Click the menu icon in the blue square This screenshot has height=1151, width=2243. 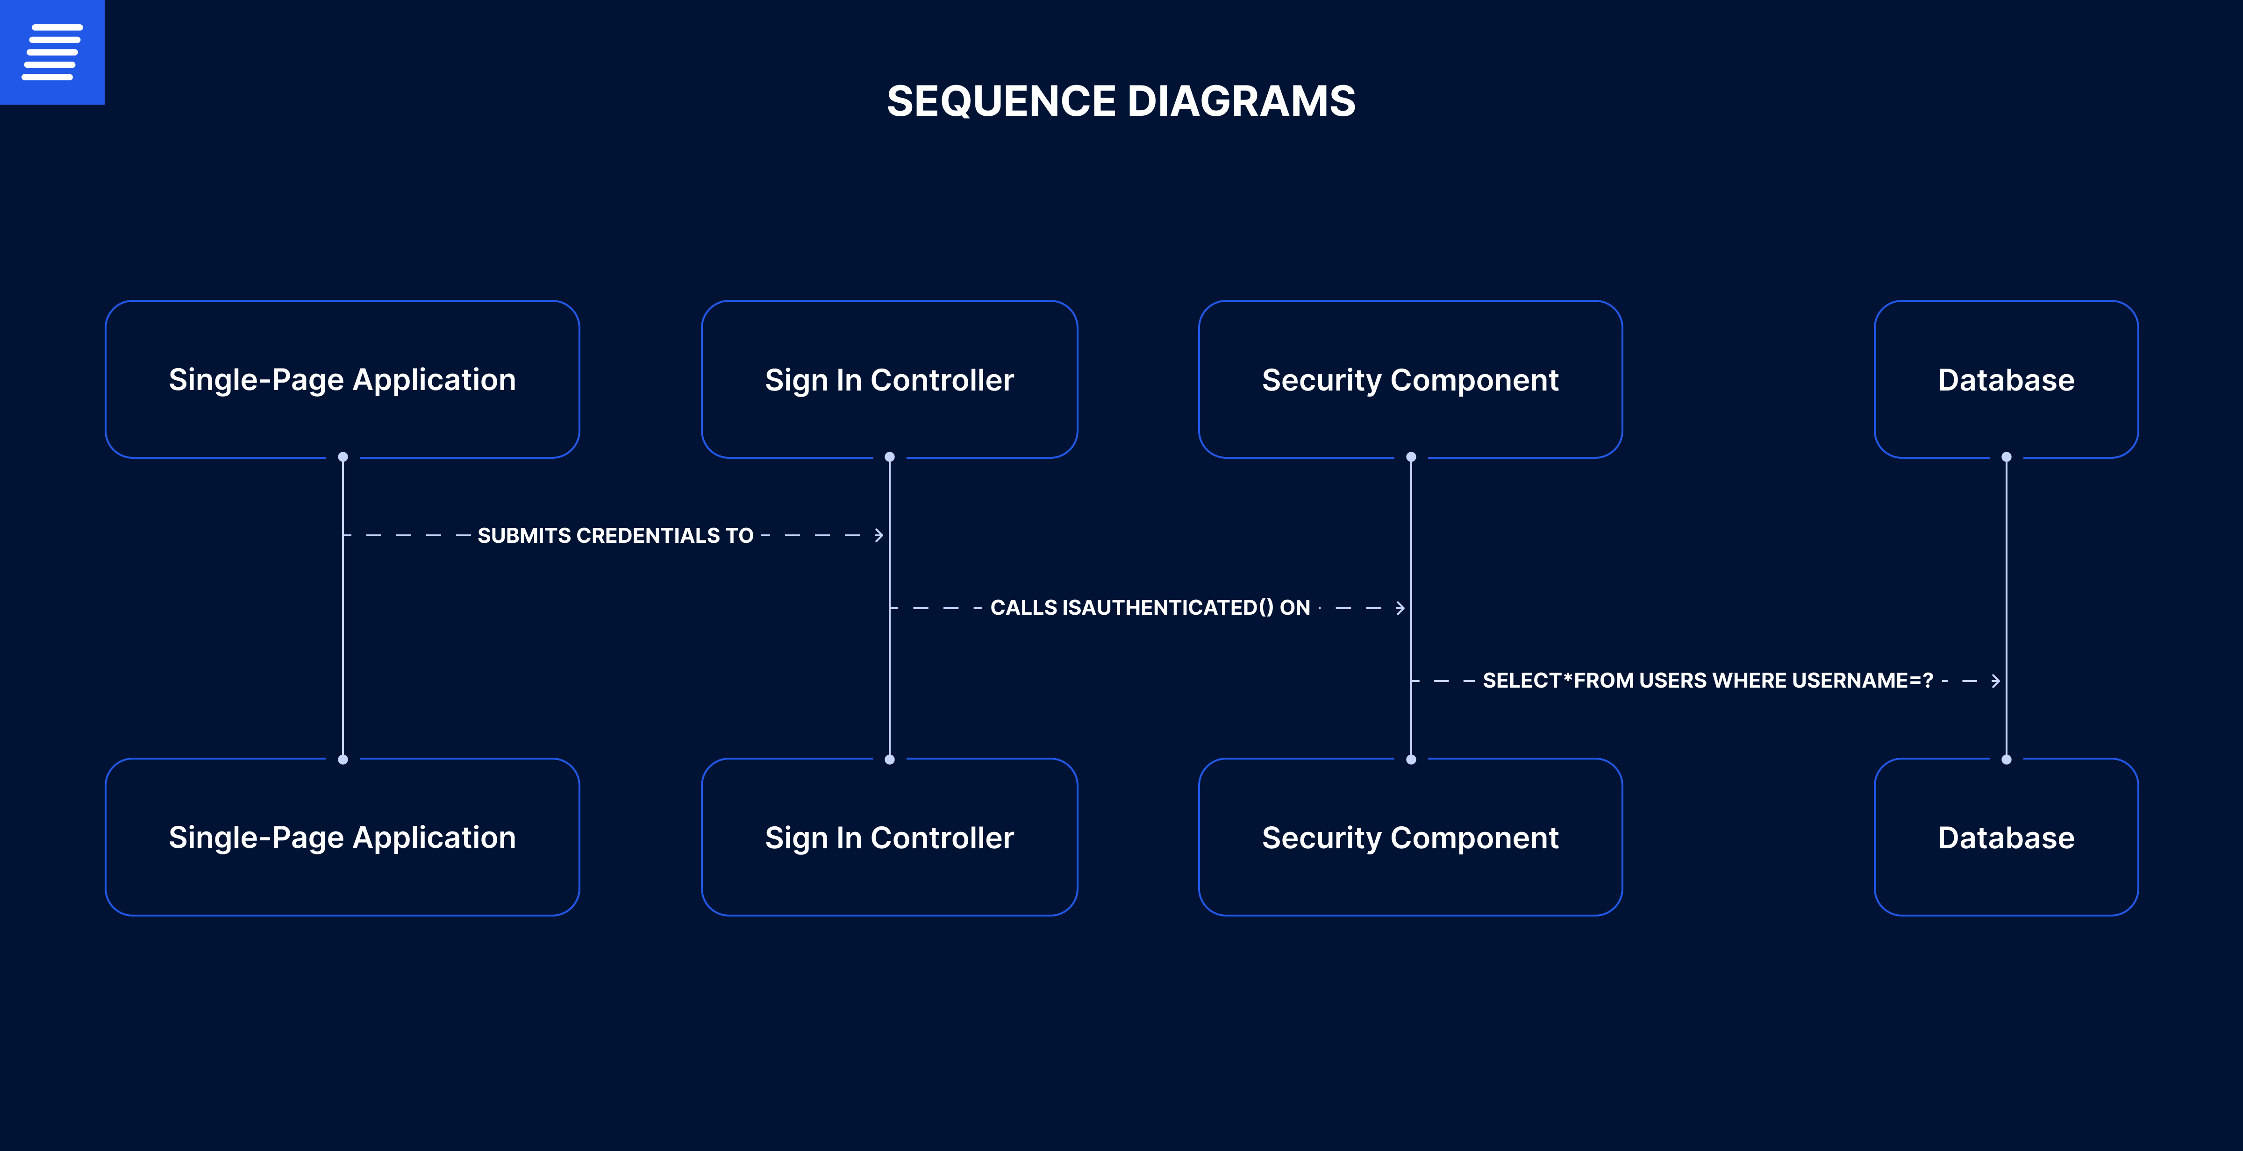[x=52, y=52]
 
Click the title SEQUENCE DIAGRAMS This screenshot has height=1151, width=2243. [x=1121, y=101]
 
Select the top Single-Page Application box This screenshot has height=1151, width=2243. [x=342, y=380]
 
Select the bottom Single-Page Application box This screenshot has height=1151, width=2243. [x=342, y=837]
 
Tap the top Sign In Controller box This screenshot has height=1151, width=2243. [x=889, y=380]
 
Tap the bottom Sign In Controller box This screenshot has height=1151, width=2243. [x=889, y=837]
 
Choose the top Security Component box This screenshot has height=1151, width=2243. [x=1411, y=380]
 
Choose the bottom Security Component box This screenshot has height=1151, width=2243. [x=1411, y=837]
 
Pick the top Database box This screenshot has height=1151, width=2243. [x=2006, y=380]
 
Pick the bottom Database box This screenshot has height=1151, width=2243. [x=2006, y=837]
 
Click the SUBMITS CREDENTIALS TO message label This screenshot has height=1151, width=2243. [x=615, y=535]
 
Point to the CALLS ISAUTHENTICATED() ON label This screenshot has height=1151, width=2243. [x=1150, y=608]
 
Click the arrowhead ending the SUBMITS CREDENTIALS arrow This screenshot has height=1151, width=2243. [x=879, y=535]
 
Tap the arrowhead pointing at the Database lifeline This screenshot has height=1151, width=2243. [x=1996, y=680]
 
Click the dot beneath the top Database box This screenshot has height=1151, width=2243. [x=2006, y=457]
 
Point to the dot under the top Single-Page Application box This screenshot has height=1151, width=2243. [x=343, y=457]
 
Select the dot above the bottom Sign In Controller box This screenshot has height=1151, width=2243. [x=889, y=759]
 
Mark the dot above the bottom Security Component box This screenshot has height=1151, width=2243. [x=1411, y=759]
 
